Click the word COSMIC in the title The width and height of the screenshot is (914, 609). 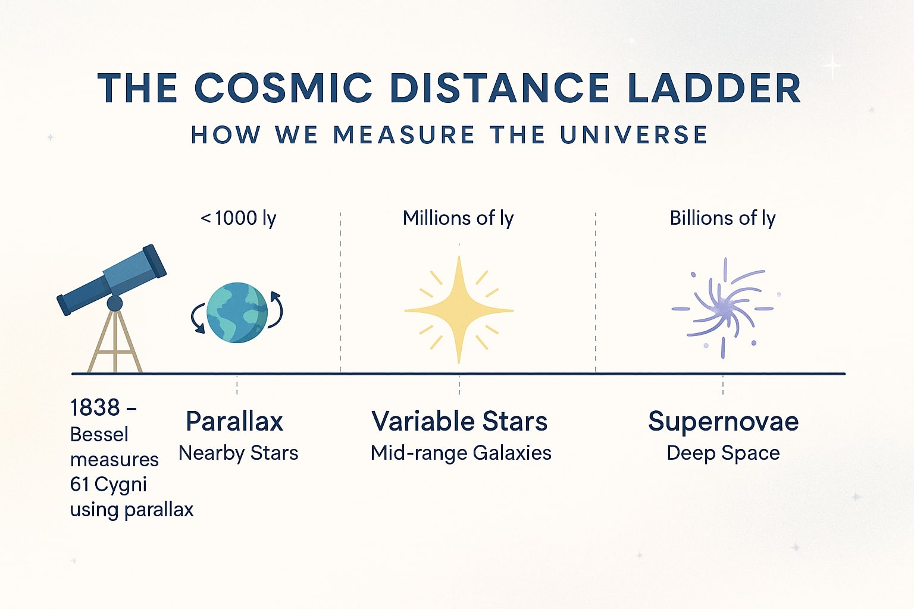(283, 89)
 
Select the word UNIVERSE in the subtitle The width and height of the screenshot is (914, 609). (634, 135)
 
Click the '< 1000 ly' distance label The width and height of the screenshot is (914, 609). (239, 218)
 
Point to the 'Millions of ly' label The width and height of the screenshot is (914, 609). (458, 218)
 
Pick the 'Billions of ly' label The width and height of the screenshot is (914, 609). (722, 218)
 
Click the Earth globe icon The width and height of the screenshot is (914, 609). (237, 313)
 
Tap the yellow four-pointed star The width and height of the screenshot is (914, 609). (459, 310)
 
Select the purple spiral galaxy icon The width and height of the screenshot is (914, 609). (723, 308)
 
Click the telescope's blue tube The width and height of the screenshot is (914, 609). (113, 280)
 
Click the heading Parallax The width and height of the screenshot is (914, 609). (234, 422)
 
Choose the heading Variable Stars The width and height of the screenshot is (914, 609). (459, 422)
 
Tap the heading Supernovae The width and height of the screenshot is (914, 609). (723, 422)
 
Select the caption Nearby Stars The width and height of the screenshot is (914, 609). (238, 453)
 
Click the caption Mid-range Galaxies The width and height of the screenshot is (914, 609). (461, 453)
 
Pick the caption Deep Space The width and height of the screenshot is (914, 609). (723, 453)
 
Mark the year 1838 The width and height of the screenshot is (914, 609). (95, 408)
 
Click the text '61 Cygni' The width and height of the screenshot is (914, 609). (108, 485)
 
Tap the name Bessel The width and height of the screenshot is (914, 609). (99, 435)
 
